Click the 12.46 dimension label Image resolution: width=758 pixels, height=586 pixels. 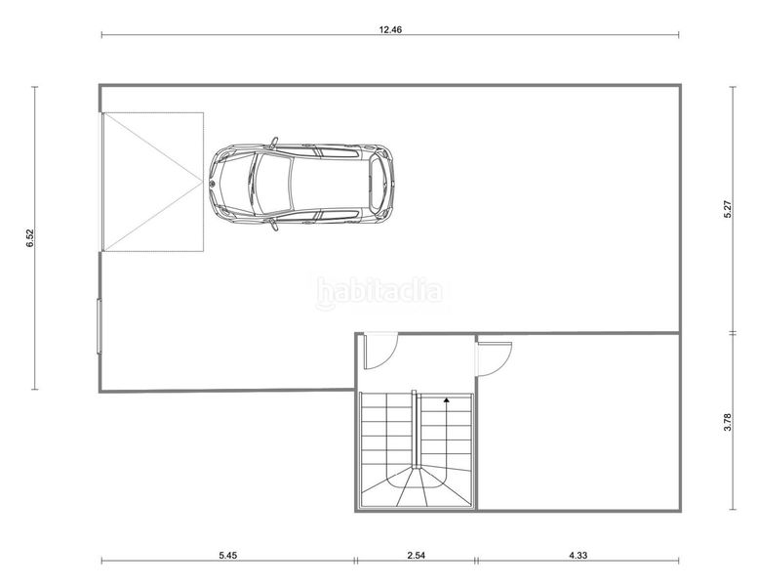point(390,29)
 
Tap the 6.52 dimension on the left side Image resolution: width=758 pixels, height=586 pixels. point(30,237)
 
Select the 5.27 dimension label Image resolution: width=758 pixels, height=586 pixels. point(728,209)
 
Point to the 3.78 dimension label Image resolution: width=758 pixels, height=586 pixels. point(728,422)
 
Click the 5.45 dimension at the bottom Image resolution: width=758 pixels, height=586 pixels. point(227,555)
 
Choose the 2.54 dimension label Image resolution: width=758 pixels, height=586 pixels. point(416,555)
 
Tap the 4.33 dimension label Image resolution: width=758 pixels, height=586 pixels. point(578,555)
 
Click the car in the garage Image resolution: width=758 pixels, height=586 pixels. point(301,184)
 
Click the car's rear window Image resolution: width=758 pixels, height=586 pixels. point(378,184)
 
